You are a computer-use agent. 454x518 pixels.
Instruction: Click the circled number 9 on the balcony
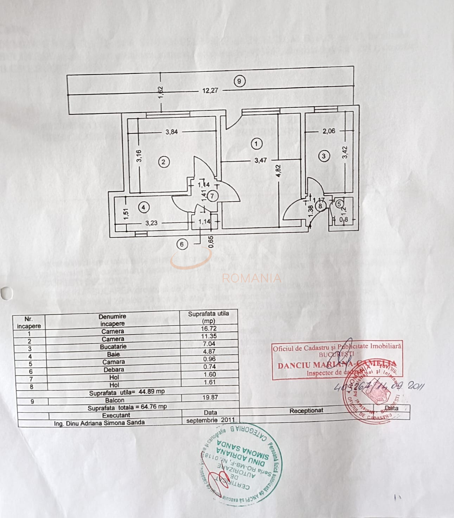[239, 81]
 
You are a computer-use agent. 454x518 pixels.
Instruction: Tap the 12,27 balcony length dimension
[210, 90]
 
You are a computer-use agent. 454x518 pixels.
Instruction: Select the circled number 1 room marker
[256, 144]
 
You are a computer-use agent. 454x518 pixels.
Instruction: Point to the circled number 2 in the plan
[163, 162]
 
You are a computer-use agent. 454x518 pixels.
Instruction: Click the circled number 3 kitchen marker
[324, 156]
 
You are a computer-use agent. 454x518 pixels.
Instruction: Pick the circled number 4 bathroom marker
[143, 207]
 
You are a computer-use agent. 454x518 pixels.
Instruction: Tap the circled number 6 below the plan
[182, 244]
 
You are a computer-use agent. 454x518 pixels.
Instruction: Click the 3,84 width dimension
[172, 132]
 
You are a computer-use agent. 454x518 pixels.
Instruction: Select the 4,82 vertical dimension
[278, 171]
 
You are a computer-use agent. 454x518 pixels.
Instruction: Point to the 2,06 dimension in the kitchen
[329, 131]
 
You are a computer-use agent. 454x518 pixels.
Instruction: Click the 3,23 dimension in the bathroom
[152, 223]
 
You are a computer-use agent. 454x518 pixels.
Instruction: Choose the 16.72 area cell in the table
[209, 328]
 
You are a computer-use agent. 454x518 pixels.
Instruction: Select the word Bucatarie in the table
[113, 347]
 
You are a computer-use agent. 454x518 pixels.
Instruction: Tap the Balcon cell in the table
[115, 400]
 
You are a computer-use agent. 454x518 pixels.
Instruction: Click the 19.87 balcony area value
[210, 397]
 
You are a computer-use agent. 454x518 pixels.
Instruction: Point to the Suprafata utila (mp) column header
[209, 317]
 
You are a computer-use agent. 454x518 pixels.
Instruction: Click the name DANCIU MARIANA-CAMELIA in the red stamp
[337, 364]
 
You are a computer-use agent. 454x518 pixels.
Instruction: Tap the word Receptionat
[306, 410]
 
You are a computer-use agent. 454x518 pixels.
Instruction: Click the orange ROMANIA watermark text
[251, 278]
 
